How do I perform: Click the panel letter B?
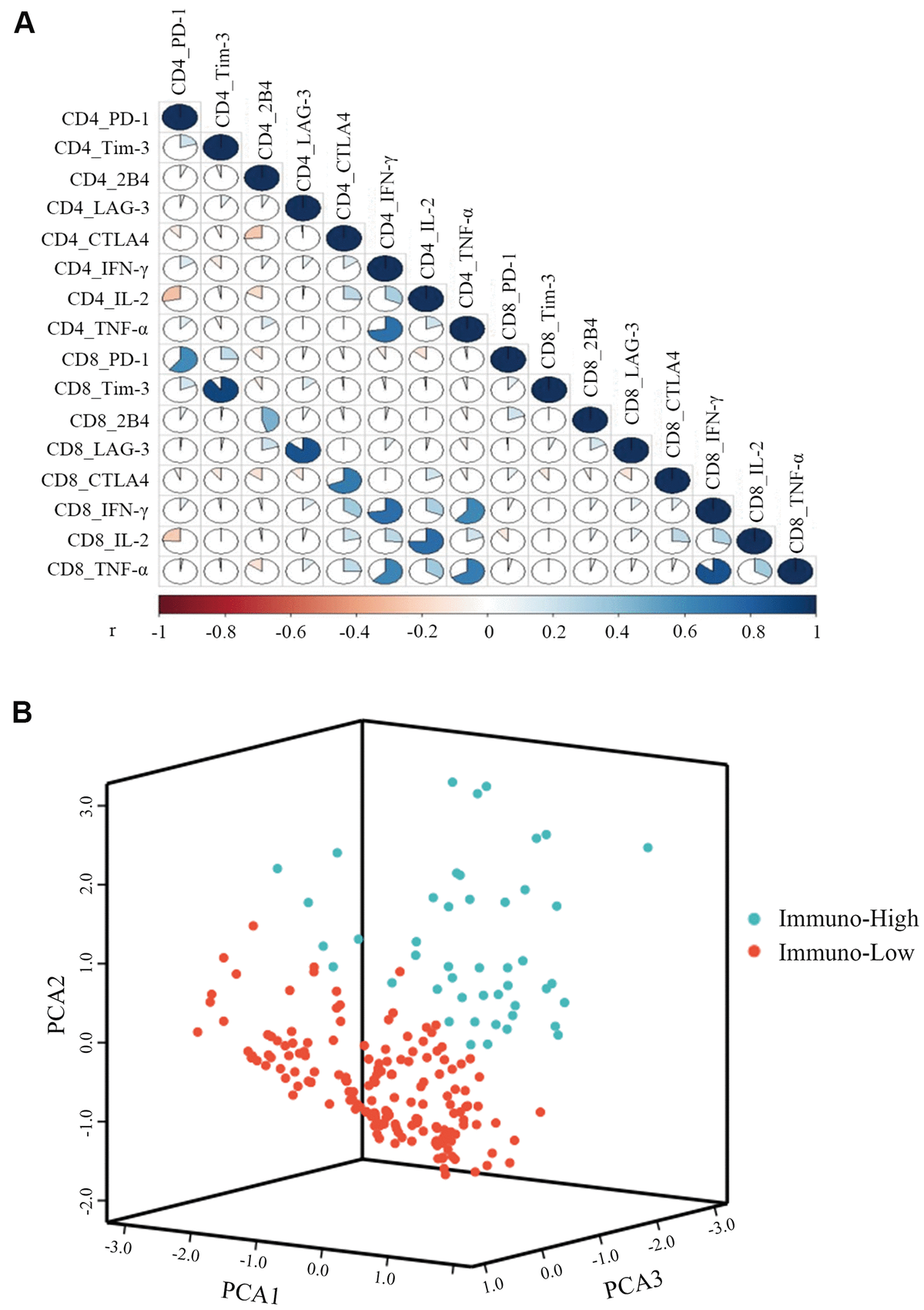[22, 712]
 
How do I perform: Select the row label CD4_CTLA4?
[95, 240]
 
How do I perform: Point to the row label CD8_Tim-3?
[102, 389]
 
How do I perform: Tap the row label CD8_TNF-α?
[98, 570]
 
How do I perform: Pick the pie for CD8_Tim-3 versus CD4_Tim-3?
[220, 389]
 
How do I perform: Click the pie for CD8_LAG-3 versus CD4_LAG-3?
[303, 450]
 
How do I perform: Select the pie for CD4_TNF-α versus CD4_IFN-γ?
[385, 329]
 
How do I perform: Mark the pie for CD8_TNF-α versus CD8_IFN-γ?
[713, 571]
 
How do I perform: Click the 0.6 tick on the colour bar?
[685, 632]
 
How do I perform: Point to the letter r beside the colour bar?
[112, 631]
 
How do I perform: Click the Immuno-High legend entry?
[848, 919]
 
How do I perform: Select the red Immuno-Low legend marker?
[755, 952]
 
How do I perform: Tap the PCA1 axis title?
[250, 1292]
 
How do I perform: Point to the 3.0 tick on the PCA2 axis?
[86, 807]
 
